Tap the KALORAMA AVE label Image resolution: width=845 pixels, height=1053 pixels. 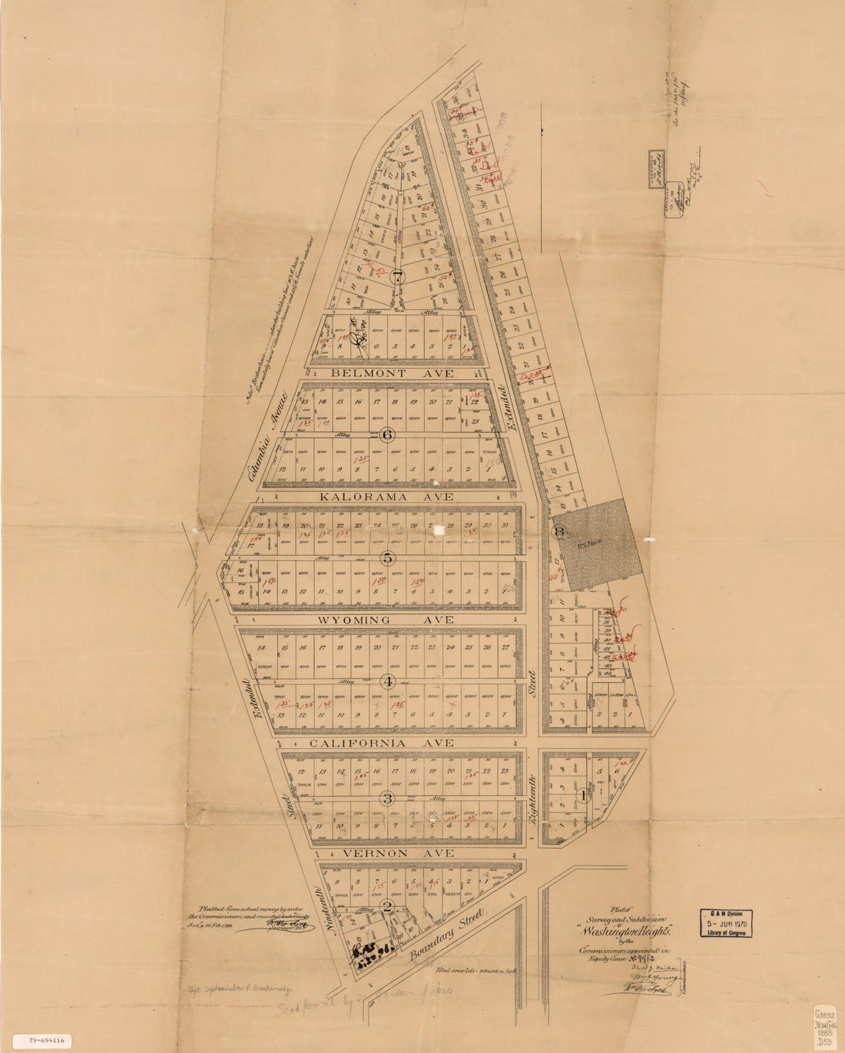tap(388, 497)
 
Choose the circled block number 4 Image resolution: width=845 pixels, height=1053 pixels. tap(389, 681)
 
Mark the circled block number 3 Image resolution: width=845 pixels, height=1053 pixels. tap(389, 799)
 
